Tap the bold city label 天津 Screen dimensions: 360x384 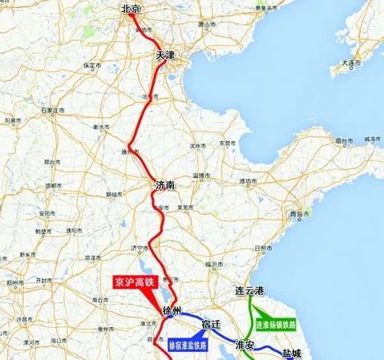point(164,55)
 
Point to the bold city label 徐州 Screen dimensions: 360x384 point(172,309)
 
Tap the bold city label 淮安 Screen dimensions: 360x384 point(245,345)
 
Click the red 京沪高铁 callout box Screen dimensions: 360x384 point(132,281)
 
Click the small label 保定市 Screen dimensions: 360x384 point(91,65)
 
